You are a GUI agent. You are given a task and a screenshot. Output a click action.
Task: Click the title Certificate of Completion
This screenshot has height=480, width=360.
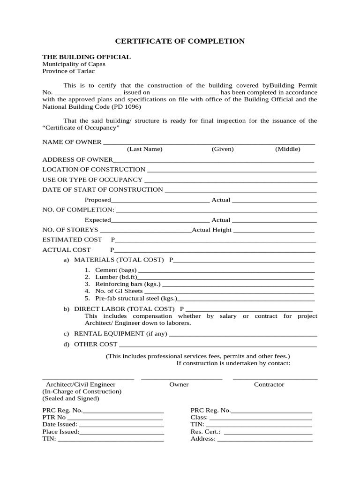[x=180, y=41]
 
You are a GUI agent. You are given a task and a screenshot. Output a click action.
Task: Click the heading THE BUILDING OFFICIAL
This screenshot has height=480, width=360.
[x=86, y=57]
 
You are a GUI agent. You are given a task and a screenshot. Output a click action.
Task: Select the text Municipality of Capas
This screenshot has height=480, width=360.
[x=74, y=64]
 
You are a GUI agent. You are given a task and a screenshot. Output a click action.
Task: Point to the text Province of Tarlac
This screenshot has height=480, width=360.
[x=68, y=71]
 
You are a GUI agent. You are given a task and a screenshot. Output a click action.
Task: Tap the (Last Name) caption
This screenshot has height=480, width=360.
[x=144, y=149]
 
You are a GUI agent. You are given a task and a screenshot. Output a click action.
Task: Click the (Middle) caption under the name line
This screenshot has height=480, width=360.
[x=287, y=149]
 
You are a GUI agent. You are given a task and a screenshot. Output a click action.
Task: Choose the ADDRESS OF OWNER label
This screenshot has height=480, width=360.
[x=77, y=159]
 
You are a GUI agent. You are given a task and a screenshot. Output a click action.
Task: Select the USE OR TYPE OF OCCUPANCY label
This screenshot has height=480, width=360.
[x=92, y=180]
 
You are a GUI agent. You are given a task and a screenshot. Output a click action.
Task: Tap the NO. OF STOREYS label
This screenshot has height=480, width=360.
[x=70, y=230]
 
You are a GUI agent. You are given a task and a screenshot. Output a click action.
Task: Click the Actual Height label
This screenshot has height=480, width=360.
[x=212, y=230]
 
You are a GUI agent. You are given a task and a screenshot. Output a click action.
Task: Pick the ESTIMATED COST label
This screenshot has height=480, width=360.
[x=72, y=240]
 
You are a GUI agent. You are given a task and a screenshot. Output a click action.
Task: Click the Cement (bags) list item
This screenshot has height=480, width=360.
[x=115, y=270]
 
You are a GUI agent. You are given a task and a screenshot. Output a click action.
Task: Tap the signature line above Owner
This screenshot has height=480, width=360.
[x=181, y=378]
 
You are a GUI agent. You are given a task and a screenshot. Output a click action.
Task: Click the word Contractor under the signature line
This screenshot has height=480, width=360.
[x=269, y=384]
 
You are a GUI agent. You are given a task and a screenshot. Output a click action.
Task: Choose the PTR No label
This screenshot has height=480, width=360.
[x=54, y=417]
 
